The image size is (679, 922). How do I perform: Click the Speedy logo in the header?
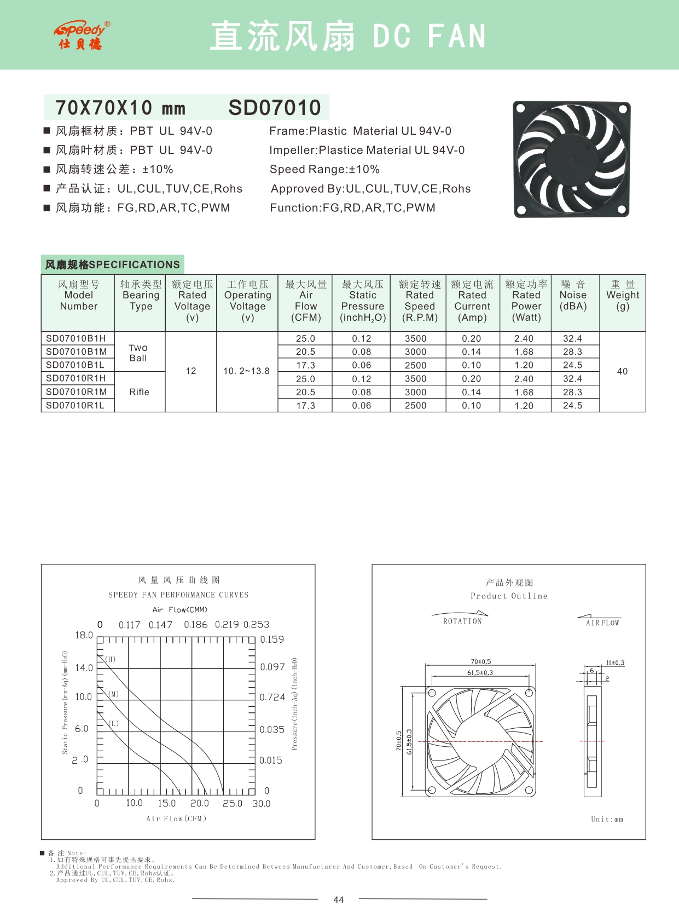coord(82,35)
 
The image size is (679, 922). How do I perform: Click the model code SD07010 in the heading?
coord(275,108)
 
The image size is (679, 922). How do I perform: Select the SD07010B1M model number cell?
coord(76,351)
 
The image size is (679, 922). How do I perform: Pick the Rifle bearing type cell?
coord(139,392)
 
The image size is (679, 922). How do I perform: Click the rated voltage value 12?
coord(191,371)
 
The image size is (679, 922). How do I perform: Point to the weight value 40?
coord(622,371)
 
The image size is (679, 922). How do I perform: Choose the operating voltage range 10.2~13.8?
coord(246,371)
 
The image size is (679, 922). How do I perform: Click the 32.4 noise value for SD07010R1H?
coord(572,378)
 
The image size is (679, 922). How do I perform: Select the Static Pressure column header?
coord(362,301)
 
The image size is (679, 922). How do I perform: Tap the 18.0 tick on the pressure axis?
coord(84,635)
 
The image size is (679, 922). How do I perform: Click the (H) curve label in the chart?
coord(111,659)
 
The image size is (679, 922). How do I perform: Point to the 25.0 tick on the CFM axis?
coord(232,803)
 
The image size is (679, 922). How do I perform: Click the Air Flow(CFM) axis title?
coord(176,819)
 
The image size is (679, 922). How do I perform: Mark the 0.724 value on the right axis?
coord(272,697)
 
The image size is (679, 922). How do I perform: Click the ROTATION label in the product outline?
coord(462,621)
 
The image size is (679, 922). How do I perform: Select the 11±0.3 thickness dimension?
coord(615,663)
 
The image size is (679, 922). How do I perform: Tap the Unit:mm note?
coord(607,819)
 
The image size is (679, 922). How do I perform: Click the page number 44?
coord(339,900)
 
